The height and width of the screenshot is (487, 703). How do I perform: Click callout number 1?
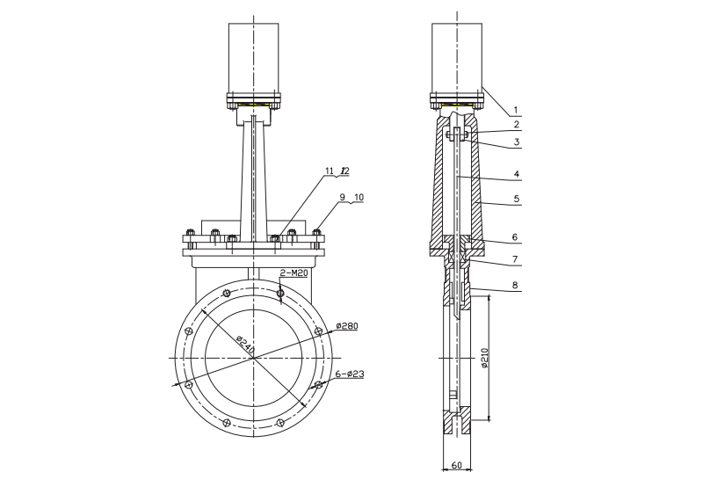pyautogui.click(x=518, y=111)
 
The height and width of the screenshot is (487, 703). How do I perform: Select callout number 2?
pyautogui.click(x=518, y=125)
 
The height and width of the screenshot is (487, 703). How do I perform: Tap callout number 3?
pyautogui.click(x=518, y=141)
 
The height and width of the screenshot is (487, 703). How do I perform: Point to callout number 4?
pyautogui.click(x=518, y=173)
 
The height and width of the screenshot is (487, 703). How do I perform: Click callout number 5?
pyautogui.click(x=518, y=200)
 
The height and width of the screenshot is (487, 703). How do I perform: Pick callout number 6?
pyautogui.click(x=518, y=238)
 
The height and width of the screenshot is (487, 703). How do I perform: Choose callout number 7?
pyautogui.click(x=518, y=259)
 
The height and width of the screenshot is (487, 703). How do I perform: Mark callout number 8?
pyautogui.click(x=518, y=286)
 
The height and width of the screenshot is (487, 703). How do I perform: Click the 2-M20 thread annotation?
pyautogui.click(x=294, y=273)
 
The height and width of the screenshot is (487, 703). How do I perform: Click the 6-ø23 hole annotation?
pyautogui.click(x=350, y=374)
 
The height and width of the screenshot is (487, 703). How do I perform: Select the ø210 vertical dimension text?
pyautogui.click(x=484, y=359)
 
